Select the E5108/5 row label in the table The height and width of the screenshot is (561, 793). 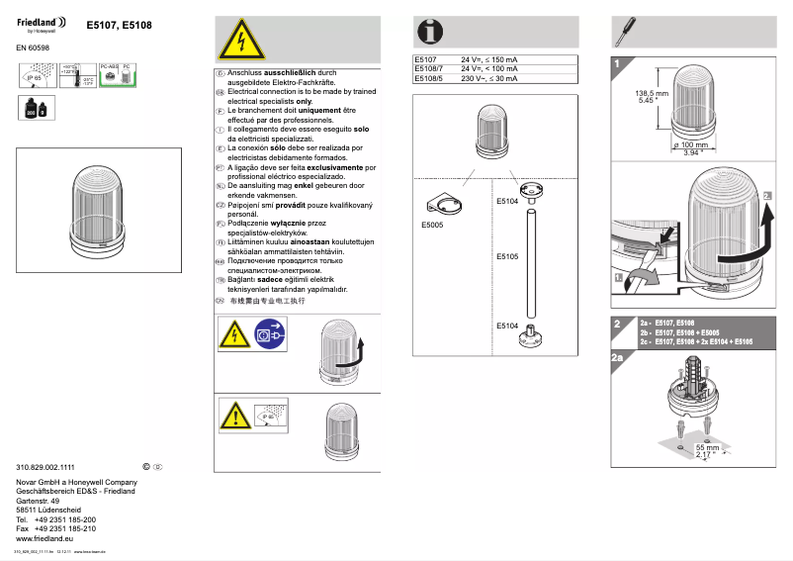(428, 78)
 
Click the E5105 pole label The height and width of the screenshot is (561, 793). (507, 256)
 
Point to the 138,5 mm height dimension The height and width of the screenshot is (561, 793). (652, 93)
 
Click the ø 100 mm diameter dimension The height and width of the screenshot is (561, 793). (698, 145)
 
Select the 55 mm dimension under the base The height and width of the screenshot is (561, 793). (708, 447)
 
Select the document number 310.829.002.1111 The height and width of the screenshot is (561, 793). (46, 466)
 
